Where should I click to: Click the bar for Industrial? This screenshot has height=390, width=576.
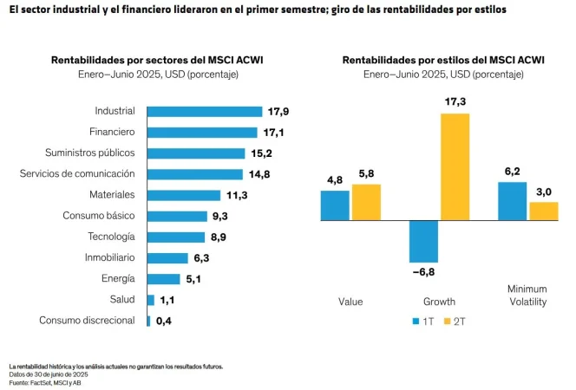pyautogui.click(x=204, y=111)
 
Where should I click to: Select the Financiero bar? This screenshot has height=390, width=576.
pyautogui.click(x=202, y=132)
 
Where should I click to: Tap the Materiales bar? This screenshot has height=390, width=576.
pyautogui.click(x=184, y=195)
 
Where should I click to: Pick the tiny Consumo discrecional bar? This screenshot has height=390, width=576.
pyautogui.click(x=148, y=321)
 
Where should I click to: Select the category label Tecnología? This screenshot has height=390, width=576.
pyautogui.click(x=111, y=237)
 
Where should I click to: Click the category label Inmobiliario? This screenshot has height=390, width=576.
pyautogui.click(x=109, y=257)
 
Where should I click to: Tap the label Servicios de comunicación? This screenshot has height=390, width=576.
pyautogui.click(x=77, y=174)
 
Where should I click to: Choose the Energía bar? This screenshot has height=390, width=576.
pyautogui.click(x=162, y=279)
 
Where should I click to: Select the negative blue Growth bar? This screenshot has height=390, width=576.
pyautogui.click(x=423, y=241)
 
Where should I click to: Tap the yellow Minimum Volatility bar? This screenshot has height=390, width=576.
pyautogui.click(x=543, y=211)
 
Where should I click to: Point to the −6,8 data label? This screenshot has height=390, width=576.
pyautogui.click(x=422, y=272)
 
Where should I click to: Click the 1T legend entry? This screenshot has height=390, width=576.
pyautogui.click(x=422, y=322)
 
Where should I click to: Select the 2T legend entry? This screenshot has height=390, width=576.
pyautogui.click(x=454, y=322)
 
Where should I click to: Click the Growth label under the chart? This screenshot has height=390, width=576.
pyautogui.click(x=439, y=302)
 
